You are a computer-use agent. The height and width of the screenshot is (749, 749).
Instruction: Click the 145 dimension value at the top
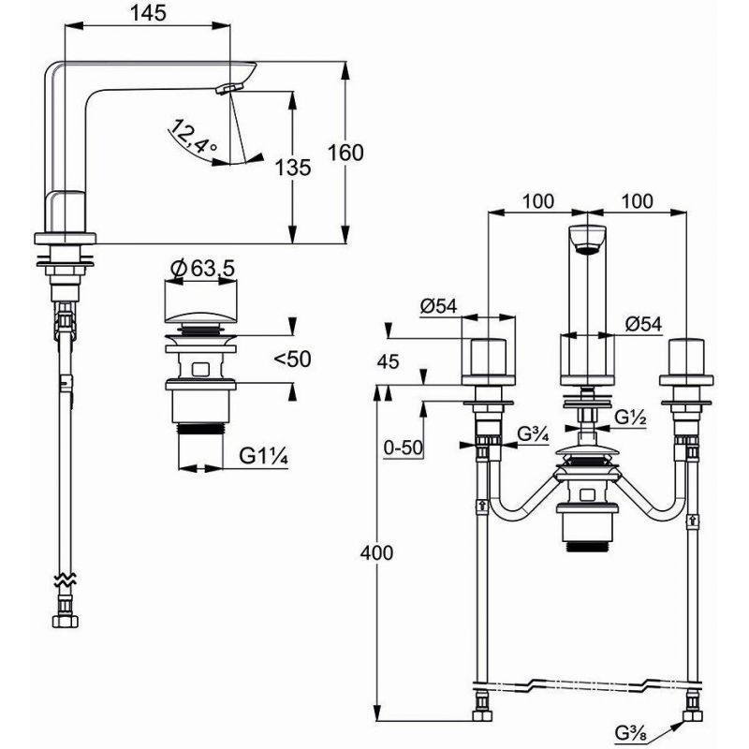coord(148,13)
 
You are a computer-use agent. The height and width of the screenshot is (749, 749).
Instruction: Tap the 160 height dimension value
coord(345,153)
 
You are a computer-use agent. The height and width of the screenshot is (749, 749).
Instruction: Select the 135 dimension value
coord(293,168)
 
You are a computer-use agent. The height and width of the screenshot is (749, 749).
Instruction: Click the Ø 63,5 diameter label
coord(202,269)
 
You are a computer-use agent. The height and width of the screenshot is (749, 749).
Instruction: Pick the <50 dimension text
coord(292,359)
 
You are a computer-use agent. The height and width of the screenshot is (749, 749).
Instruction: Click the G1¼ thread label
coord(263,457)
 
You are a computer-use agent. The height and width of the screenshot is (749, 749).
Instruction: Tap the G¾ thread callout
coord(533,434)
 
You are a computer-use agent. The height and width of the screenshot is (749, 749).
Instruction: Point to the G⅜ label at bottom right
coord(630,733)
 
